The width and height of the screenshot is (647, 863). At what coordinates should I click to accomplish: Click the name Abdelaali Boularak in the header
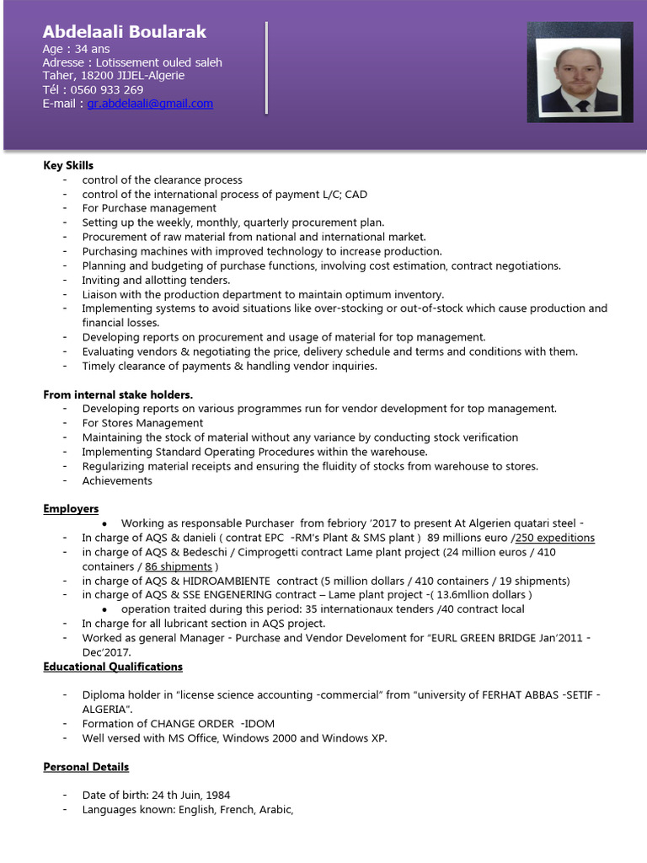click(124, 32)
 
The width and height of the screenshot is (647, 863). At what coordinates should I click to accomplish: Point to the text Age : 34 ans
click(76, 50)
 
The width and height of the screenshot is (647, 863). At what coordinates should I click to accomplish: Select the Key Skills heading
click(68, 165)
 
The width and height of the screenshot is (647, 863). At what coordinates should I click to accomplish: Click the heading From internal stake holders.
click(118, 394)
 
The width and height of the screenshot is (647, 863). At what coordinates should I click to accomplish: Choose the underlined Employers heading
click(71, 509)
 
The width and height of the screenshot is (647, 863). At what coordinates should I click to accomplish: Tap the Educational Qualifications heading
click(113, 667)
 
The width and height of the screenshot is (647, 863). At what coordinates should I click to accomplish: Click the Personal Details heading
click(86, 767)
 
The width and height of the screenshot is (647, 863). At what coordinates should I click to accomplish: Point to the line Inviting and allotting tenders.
click(156, 280)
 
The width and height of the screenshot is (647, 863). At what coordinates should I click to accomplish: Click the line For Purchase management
click(149, 208)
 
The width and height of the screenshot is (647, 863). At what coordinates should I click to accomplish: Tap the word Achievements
click(117, 480)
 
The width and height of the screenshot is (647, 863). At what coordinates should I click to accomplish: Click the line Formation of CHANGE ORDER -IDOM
click(178, 724)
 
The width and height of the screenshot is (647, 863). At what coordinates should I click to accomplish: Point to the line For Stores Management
click(142, 423)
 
